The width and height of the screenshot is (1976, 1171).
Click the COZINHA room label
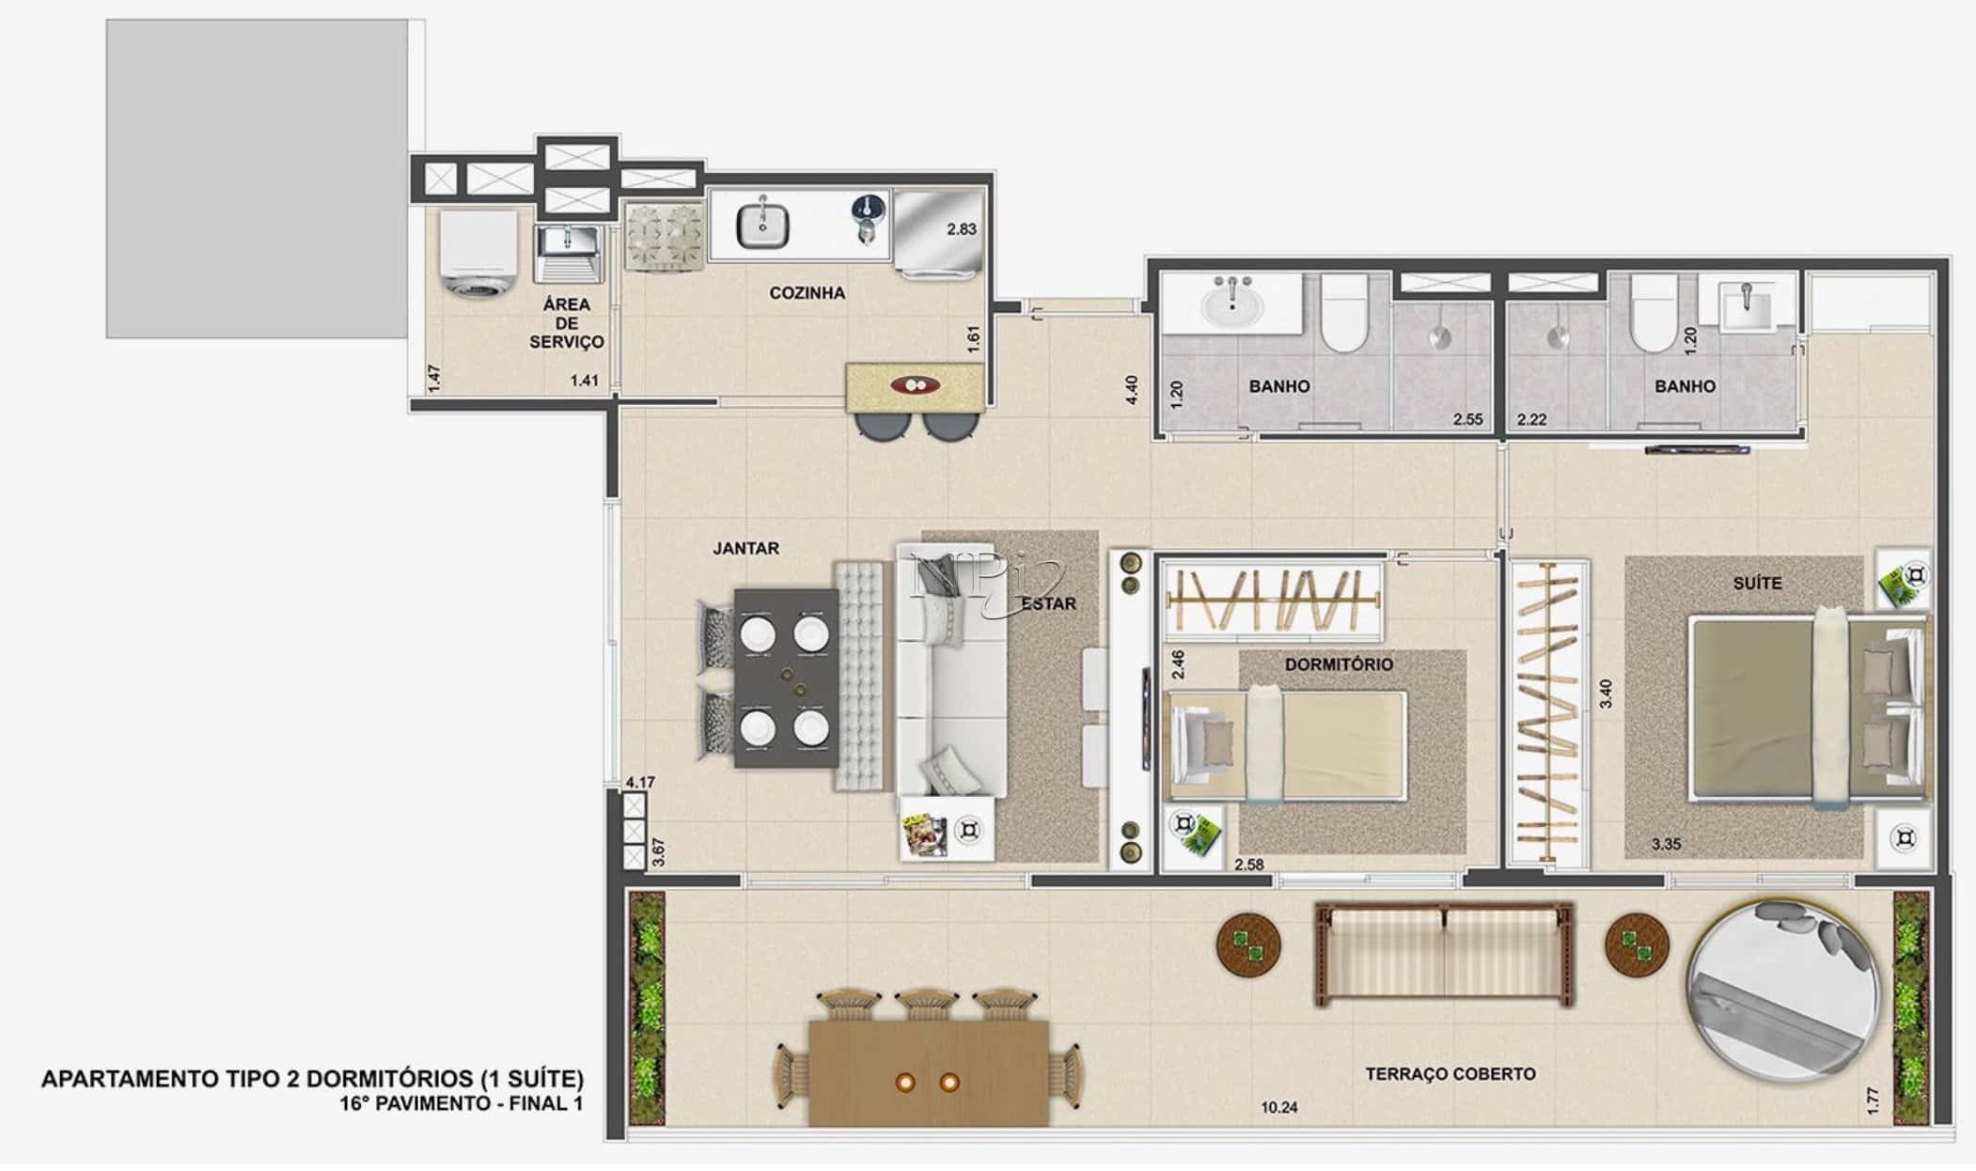(807, 293)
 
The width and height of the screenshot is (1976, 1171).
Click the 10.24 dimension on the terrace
(1278, 1107)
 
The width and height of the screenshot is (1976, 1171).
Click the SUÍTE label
(1757, 584)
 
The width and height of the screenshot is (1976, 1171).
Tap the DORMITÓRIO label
(1339, 664)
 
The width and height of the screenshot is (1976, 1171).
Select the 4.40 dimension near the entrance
(1131, 390)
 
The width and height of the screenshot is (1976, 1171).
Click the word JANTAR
(745, 548)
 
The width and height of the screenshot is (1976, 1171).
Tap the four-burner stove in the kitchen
(664, 239)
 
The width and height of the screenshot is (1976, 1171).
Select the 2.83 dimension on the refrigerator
(961, 228)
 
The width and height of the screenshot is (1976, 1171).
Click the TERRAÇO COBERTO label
(1450, 1073)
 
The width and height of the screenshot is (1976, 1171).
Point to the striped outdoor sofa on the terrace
(1444, 955)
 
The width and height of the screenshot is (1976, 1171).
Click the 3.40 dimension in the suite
(1606, 694)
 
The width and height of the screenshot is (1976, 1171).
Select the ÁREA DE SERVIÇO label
(566, 323)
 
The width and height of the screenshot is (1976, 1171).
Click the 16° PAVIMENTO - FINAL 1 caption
(461, 1103)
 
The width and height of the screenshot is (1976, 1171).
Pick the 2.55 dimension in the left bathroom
(1467, 419)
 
